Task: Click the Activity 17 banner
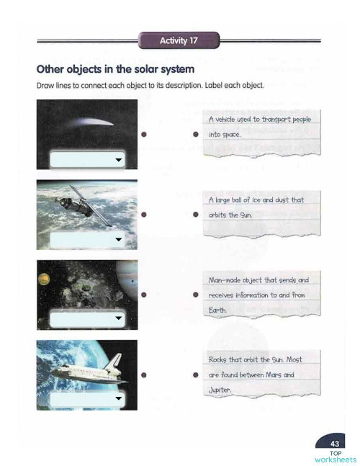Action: (179, 41)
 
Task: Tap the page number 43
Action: (334, 443)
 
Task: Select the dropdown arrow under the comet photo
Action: (117, 160)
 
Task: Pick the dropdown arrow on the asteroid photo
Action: (117, 318)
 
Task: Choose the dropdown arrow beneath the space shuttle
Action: (117, 397)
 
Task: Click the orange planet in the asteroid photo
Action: (42, 277)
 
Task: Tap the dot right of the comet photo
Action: (145, 135)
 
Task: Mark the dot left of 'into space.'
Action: (195, 135)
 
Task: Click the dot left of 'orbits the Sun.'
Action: (195, 215)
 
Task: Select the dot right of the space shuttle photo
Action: (145, 375)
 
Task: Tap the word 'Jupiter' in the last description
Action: (221, 391)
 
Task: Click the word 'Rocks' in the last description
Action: (218, 359)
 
